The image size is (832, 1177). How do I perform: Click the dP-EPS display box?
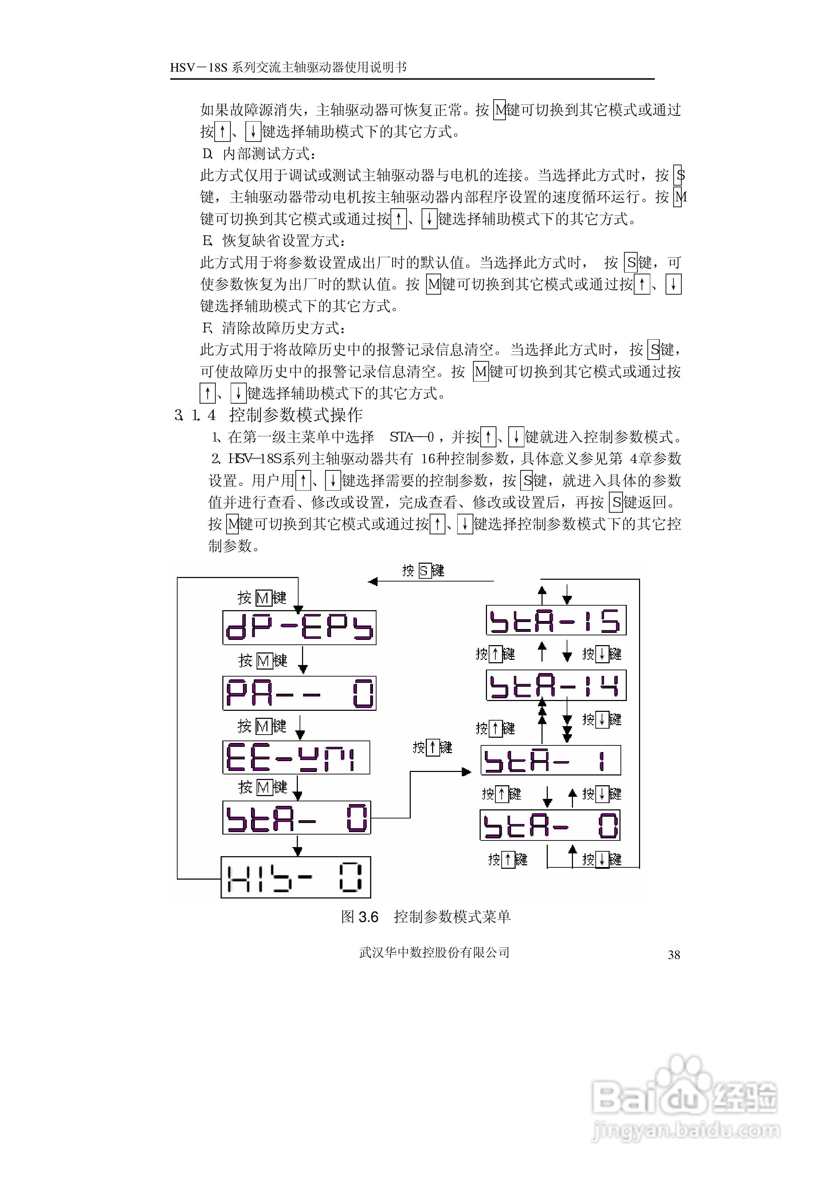299,627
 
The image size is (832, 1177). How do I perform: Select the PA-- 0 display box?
299,693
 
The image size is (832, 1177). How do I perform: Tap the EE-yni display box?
296,757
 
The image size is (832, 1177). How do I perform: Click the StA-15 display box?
556,620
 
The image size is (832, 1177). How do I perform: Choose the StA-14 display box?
556,685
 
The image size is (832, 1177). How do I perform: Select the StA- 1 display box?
550,760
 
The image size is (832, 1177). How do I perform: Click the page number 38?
674,955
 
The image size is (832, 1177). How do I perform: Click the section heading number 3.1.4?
195,415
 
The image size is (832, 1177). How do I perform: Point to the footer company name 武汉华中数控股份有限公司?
434,952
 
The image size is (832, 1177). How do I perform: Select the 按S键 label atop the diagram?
423,571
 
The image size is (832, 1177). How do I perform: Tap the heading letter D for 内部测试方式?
207,154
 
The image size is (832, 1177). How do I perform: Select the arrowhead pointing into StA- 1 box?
466,772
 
